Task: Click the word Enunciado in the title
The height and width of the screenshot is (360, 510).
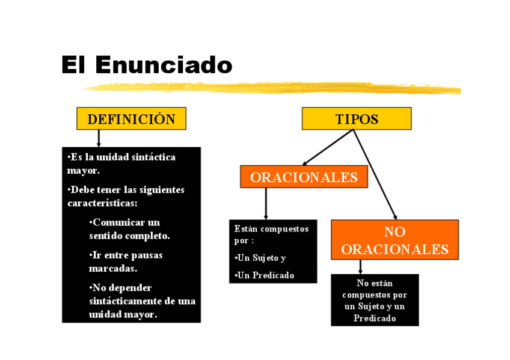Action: pos(164,65)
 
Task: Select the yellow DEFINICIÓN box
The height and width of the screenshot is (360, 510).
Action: pos(131,118)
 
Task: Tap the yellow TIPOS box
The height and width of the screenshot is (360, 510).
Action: pos(356,118)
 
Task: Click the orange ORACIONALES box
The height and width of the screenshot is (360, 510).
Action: pos(304,177)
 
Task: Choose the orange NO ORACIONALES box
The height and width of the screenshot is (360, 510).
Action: pos(395,240)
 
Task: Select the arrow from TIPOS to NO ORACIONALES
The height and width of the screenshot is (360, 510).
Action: pos(375,174)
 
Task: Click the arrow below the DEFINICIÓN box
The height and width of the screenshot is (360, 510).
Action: pos(99,138)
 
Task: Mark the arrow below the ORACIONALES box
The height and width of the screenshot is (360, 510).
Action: pos(266,204)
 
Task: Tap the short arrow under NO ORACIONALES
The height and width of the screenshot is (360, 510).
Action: pos(360,267)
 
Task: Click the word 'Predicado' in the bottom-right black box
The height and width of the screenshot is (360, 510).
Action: pos(375,318)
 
